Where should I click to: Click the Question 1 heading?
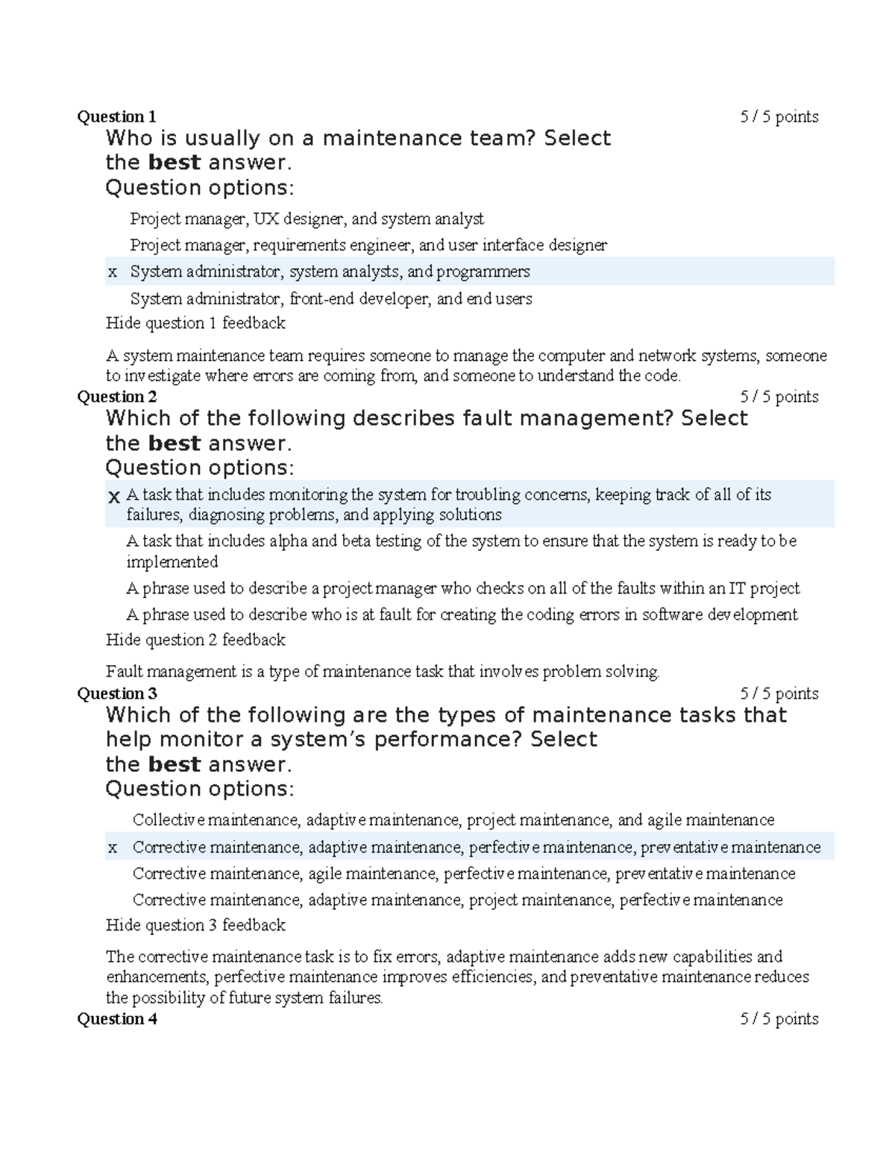click(x=117, y=117)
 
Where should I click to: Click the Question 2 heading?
click(x=117, y=397)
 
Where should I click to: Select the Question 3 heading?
click(x=117, y=693)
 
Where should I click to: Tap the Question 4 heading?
click(x=117, y=1019)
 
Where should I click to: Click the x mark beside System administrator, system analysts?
click(x=113, y=272)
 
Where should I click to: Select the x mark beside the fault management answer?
click(x=113, y=497)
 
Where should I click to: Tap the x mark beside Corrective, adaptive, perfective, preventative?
click(x=113, y=848)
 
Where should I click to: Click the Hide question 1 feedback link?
click(x=195, y=323)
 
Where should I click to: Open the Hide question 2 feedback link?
click(x=195, y=640)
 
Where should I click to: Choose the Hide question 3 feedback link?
click(x=195, y=925)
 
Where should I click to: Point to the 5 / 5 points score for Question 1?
click(x=779, y=117)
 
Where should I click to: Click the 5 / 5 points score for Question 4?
click(x=779, y=1019)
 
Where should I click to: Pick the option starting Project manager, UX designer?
click(x=307, y=219)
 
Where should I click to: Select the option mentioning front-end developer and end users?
click(x=331, y=299)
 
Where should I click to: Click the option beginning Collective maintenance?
click(x=453, y=820)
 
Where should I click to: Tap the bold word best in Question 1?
click(x=175, y=163)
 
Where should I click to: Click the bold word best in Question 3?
click(x=175, y=764)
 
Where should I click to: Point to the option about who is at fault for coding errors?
click(x=462, y=614)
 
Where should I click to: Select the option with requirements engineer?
click(x=368, y=245)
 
